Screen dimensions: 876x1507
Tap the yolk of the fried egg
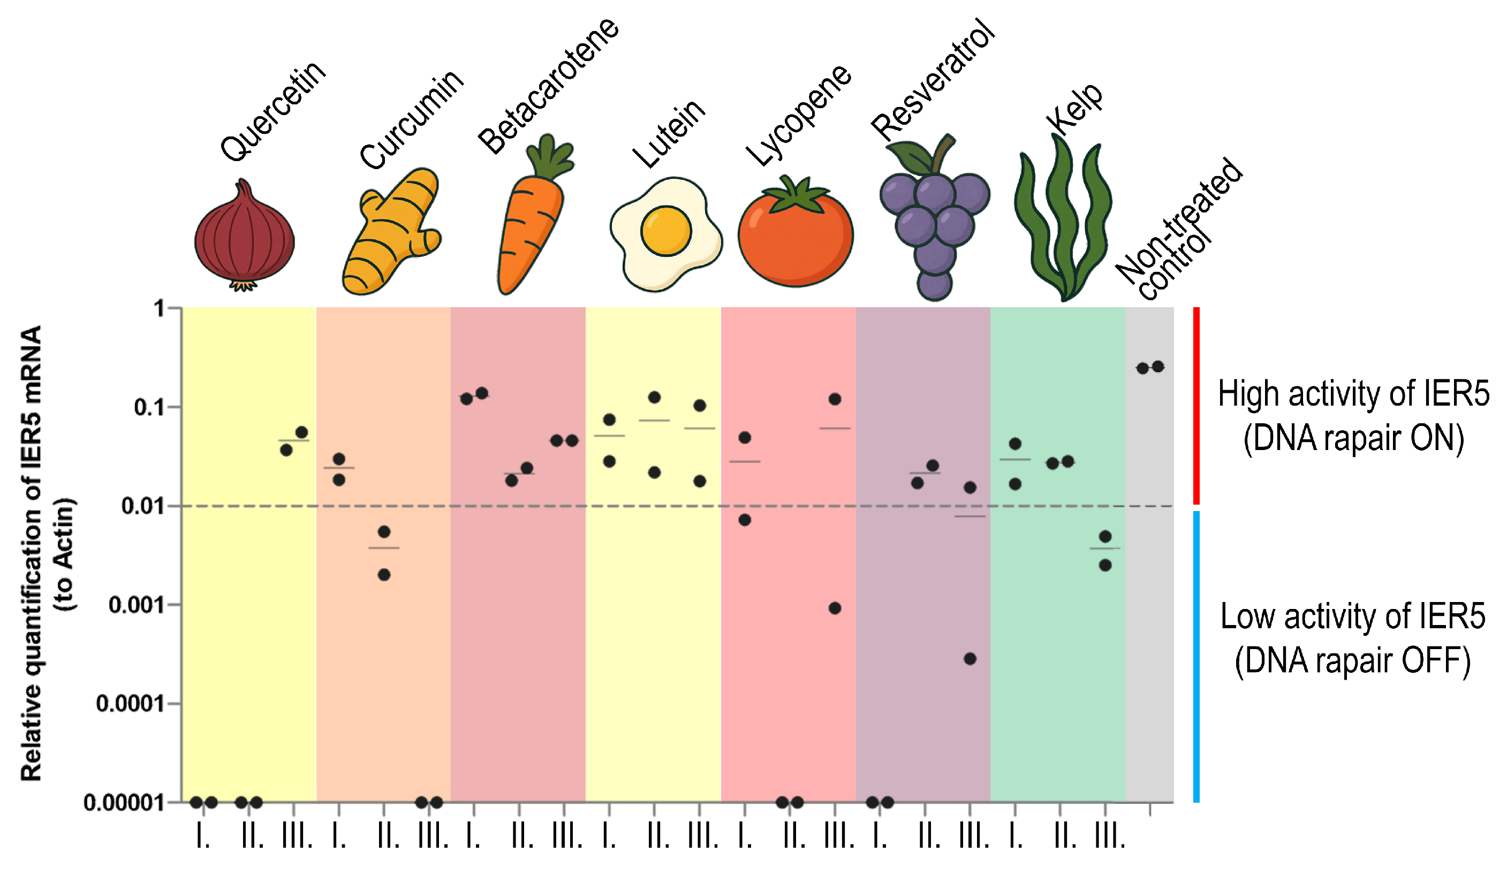click(x=665, y=231)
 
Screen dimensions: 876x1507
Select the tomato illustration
click(x=796, y=236)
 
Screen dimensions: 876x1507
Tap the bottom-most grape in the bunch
click(x=934, y=285)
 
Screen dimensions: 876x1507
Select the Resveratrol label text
click(x=933, y=81)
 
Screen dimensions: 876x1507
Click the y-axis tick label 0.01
click(x=142, y=506)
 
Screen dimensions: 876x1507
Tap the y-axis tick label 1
click(x=158, y=309)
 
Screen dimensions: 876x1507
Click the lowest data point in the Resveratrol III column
click(x=970, y=659)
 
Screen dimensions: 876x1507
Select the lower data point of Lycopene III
click(x=835, y=608)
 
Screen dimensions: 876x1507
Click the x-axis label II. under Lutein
click(x=658, y=835)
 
